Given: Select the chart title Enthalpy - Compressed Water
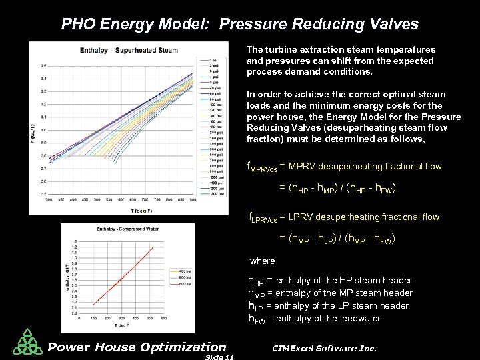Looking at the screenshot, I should click(113, 229).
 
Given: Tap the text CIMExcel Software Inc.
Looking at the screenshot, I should click(325, 348).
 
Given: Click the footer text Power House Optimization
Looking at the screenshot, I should click(137, 346).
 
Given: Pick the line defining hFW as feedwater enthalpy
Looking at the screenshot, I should click(314, 318).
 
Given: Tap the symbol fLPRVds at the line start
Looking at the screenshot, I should click(261, 217).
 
